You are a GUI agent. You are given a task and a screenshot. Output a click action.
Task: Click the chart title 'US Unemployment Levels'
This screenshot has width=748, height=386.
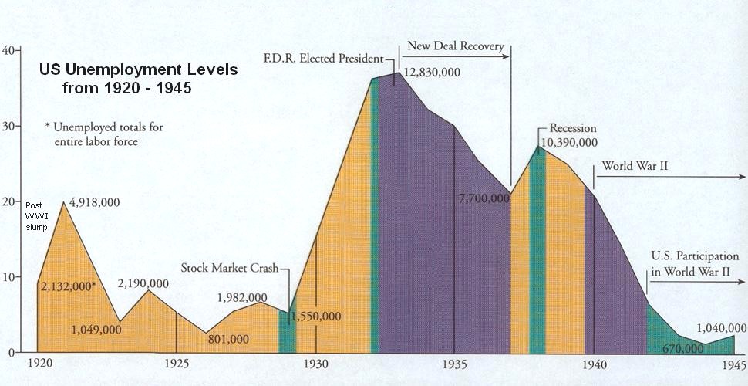139,69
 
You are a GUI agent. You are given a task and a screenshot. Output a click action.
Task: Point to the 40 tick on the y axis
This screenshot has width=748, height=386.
8,50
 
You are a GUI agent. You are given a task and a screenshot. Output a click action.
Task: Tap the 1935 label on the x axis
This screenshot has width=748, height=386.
454,363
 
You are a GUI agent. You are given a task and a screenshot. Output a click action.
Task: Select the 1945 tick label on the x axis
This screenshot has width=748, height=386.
733,363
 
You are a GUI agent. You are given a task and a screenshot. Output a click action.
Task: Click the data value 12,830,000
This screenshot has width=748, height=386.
432,72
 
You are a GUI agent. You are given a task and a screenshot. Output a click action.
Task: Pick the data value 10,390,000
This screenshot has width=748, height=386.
568,143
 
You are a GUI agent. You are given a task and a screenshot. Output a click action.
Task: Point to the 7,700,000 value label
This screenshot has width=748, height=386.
484,198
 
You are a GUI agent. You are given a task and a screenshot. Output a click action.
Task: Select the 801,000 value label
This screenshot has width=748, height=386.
228,339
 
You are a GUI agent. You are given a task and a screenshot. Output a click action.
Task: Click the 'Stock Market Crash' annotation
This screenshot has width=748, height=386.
230,269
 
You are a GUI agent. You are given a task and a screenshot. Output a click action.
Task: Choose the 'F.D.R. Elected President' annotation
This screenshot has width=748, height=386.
322,58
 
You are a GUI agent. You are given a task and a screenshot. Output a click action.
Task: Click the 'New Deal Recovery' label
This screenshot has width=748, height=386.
455,46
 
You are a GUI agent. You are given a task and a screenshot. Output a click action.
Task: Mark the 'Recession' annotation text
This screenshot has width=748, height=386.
573,129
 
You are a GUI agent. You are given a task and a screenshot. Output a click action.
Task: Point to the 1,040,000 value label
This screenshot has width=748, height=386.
716,327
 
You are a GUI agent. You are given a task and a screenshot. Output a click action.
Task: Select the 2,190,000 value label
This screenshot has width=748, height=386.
143,283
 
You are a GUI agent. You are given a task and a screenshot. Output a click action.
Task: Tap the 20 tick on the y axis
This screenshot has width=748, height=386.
8,201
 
